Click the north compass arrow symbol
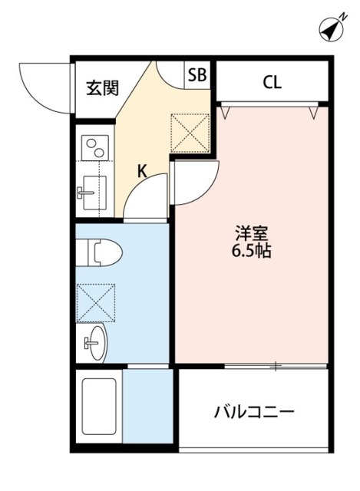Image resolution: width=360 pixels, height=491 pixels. pos(329,30)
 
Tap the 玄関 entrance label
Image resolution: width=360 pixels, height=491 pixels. pos(102,87)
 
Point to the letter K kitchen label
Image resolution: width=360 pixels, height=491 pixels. pos(142,171)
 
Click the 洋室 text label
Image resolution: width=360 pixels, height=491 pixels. pos(252,232)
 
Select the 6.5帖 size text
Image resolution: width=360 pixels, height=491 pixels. pos(252,251)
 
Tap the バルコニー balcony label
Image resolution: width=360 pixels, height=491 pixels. pos(253,412)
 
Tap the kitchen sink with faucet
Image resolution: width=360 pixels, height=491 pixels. pos(94,187)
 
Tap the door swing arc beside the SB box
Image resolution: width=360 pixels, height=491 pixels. pos(170,74)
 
